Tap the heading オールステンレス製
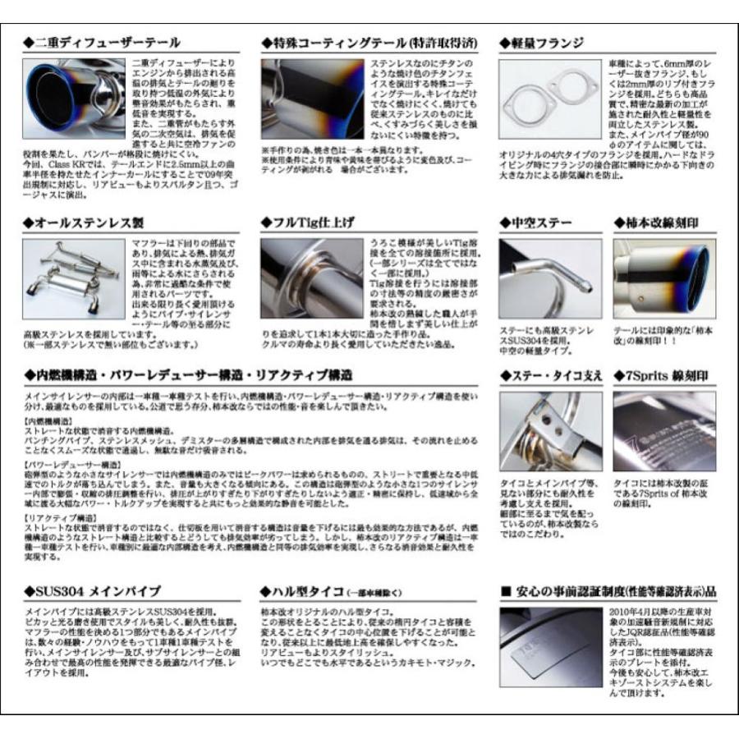coord(86,223)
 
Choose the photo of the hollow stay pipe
coord(549,278)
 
